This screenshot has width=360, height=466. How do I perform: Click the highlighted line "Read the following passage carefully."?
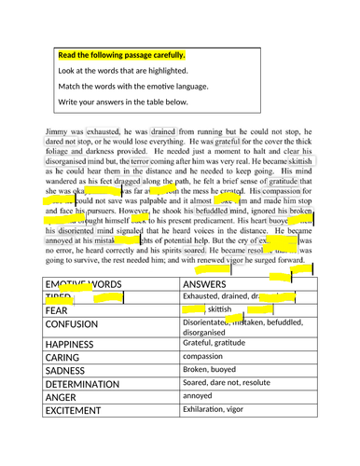coord(121,55)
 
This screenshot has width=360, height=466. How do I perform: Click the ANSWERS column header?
coord(206,283)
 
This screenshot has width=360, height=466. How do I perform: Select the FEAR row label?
coord(59,309)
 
